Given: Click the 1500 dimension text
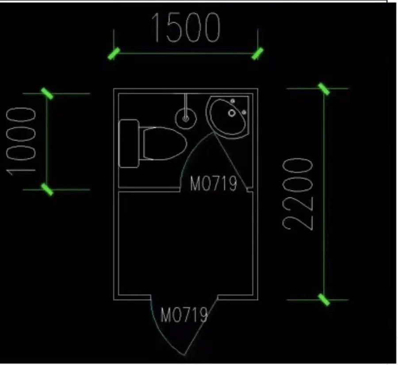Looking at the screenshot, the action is pos(186,27).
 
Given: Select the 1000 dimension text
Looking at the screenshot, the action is pos(21,142).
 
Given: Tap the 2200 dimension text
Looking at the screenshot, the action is pos(298,194).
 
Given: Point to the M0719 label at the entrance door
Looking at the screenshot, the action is pos(184,315).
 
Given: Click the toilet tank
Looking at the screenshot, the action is pos(129,143).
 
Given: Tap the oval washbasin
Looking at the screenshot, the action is pos(228,117).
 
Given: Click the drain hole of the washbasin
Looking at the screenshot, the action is pos(231,113).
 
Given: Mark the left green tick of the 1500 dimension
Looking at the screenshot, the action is pos(114,54).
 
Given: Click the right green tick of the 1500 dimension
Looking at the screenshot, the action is pos(257,54).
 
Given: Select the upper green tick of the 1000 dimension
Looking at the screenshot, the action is pos(47,93).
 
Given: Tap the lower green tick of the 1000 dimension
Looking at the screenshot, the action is pos(47,189).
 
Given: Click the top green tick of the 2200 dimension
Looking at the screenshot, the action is pos(324,89).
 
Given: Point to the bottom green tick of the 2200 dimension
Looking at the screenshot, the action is pos(324,300).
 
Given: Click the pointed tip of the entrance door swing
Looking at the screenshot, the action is pos(184,355).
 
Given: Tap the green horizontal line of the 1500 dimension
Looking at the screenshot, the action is pos(186,54).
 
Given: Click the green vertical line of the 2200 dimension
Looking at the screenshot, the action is pos(324,194).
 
